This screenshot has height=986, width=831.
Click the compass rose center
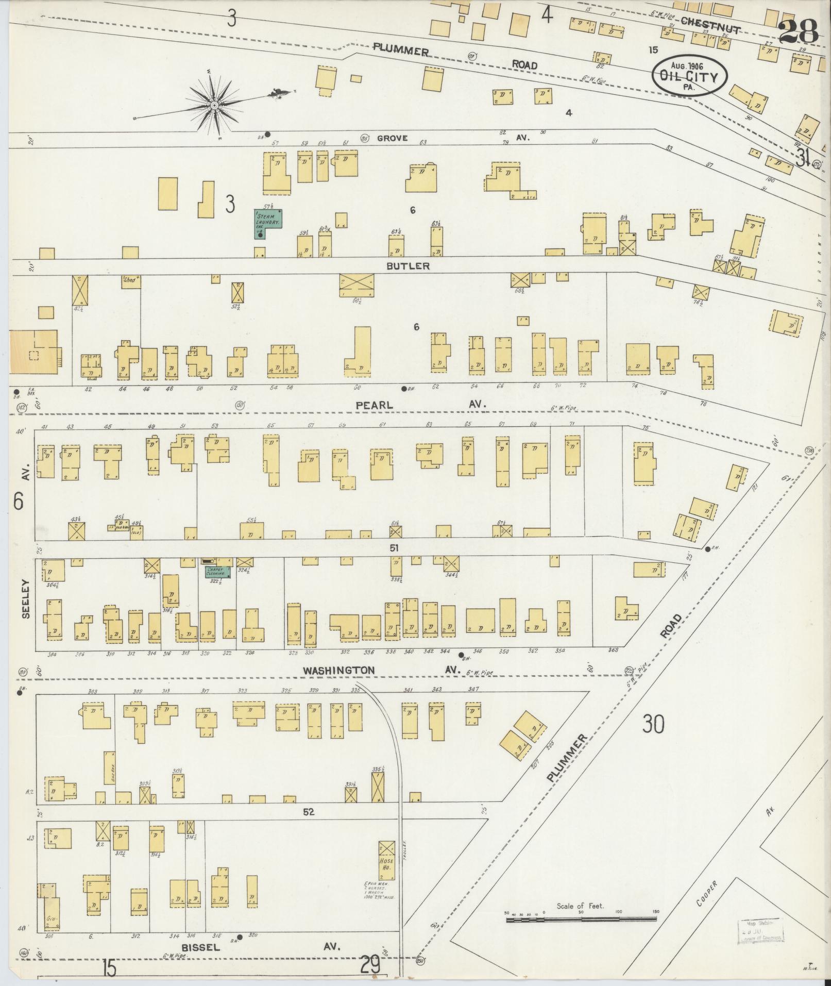point(213,105)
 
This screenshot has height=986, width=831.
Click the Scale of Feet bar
point(581,919)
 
